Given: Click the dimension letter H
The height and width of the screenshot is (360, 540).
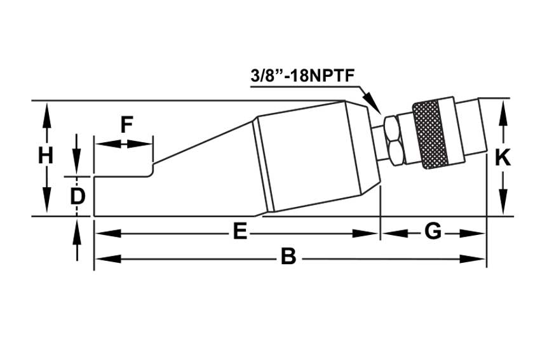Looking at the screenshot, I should click(x=45, y=156).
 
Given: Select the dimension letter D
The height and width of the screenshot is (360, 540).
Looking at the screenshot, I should click(x=77, y=196).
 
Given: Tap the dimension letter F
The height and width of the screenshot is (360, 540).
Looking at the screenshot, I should click(x=127, y=124).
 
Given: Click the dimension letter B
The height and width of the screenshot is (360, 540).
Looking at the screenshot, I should click(x=288, y=258).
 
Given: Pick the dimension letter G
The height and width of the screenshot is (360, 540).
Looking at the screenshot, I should click(x=433, y=232).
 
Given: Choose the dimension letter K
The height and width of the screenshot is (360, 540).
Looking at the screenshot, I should click(x=503, y=157).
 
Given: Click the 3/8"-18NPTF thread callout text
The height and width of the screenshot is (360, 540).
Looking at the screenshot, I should click(x=302, y=77).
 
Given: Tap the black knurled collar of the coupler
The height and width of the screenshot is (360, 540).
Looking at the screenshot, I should click(x=430, y=135).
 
